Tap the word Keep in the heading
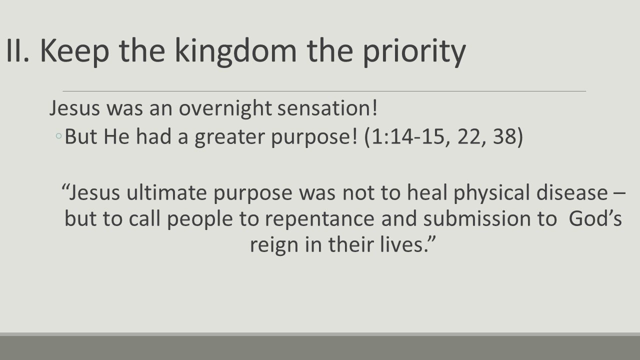click(67, 51)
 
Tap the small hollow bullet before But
click(59, 136)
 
